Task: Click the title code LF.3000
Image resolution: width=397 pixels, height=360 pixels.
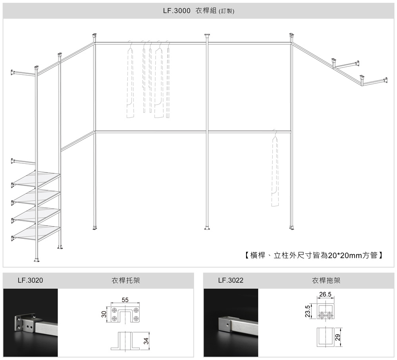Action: coord(177,11)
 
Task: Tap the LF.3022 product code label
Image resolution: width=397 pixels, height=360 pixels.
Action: coord(231,281)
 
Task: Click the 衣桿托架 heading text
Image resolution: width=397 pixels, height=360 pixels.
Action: coord(125,281)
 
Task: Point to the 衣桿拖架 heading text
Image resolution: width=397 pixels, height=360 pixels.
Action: coord(326,281)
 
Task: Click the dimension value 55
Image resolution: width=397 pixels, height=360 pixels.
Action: coord(125,300)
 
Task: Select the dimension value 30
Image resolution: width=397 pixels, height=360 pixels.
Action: coord(104,314)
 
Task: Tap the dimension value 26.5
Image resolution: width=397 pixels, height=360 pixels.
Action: coord(325,294)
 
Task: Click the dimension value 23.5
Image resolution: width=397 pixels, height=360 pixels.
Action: coord(307,312)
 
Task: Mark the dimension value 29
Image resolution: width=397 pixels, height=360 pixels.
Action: coord(338,337)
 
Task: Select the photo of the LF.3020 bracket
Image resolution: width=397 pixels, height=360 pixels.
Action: coord(31,323)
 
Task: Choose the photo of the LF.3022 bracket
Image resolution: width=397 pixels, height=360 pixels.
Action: coord(231,323)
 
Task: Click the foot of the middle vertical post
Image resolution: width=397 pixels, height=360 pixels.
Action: coord(208,228)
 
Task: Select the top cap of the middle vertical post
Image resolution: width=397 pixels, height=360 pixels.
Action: coord(208,36)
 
